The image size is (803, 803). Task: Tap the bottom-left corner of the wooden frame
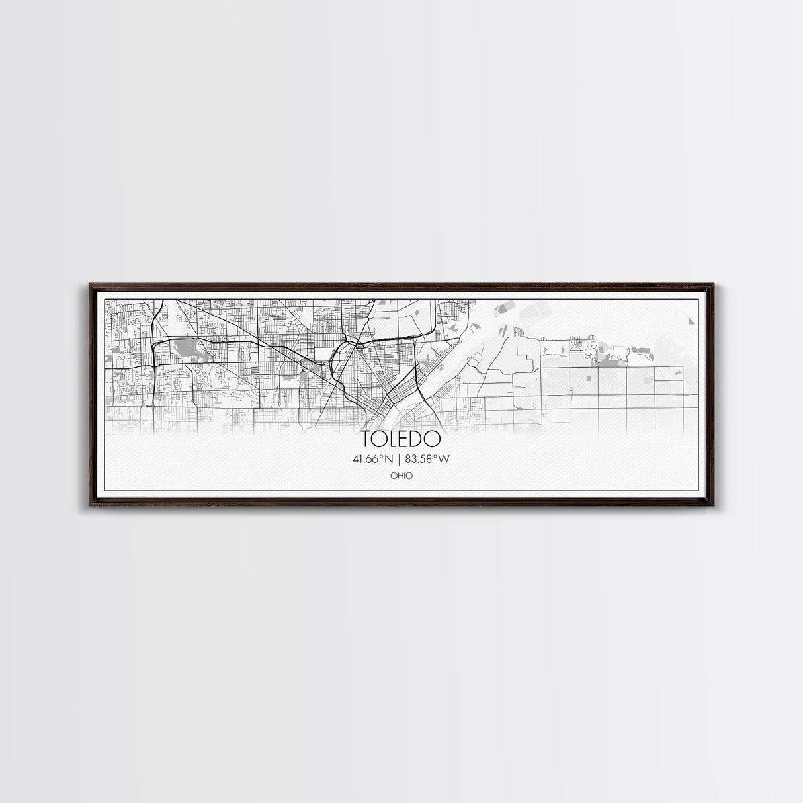pyautogui.click(x=91, y=505)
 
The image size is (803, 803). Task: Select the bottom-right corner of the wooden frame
pyautogui.click(x=713, y=505)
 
